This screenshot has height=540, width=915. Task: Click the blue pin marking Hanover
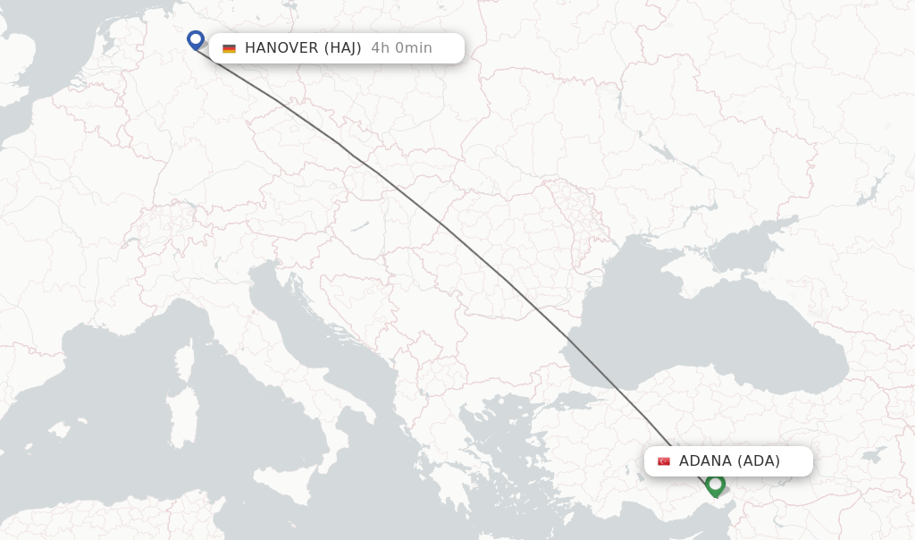(196, 39)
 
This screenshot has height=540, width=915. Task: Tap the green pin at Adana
(715, 485)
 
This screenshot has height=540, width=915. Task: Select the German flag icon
(230, 48)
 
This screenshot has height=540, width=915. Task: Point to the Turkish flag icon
(664, 461)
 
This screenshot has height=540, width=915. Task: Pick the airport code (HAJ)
(342, 48)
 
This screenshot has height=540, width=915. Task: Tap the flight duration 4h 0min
(401, 48)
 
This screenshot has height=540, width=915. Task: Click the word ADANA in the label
(705, 461)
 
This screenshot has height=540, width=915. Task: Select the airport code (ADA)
(758, 461)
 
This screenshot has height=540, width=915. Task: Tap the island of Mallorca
(59, 429)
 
